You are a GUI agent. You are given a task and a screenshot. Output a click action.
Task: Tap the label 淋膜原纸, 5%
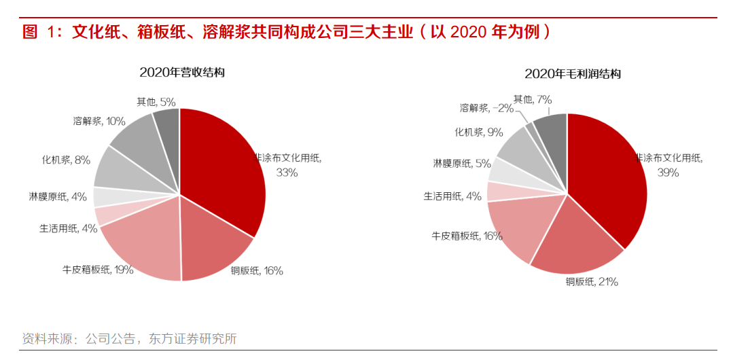pyautogui.click(x=462, y=163)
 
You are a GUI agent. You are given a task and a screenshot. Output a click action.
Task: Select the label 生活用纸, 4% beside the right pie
pyautogui.click(x=452, y=196)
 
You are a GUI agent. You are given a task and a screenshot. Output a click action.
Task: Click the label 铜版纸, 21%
pyautogui.click(x=592, y=282)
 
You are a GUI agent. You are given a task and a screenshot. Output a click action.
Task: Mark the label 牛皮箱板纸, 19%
pyautogui.click(x=97, y=269)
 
